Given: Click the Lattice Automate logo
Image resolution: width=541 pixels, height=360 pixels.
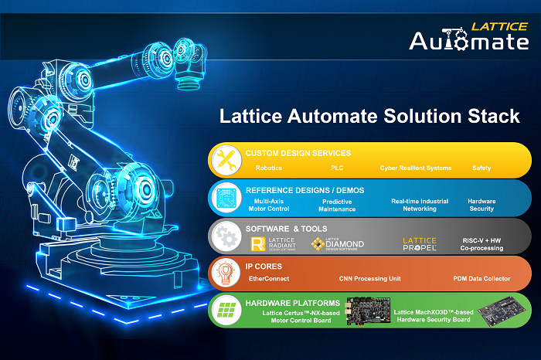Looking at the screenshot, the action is point(469,36).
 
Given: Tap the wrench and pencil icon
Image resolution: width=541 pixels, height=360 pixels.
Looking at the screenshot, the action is point(226,160).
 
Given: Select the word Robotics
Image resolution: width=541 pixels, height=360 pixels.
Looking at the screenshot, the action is point(269,168).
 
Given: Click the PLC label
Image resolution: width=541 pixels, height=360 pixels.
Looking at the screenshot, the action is point(337,168).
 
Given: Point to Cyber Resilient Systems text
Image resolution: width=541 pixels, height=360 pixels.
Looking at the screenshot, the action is point(416,168).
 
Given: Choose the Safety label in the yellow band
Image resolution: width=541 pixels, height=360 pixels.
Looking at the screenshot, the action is point(481,168).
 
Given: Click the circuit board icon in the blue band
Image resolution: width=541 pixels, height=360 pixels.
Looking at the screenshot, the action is point(226,198).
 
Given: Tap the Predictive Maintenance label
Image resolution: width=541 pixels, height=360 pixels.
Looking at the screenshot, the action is point(337,205).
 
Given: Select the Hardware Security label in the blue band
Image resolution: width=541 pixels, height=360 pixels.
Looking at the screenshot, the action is point(481,205).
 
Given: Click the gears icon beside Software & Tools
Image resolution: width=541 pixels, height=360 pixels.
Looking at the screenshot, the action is point(226,236).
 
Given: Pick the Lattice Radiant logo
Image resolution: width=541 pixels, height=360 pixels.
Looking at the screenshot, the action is point(274,244).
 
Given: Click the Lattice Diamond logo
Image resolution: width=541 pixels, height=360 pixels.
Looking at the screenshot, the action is point(338,244).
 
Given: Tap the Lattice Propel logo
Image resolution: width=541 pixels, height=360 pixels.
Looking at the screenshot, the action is point(420,244).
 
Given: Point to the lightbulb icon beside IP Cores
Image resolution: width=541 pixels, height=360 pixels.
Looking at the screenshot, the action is point(226,273).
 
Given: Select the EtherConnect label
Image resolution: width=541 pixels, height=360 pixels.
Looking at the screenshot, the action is point(269,279).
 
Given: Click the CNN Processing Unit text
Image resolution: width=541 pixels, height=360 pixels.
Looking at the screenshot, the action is point(370,279).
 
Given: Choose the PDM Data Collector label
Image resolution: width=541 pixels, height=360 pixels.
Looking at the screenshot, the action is point(481,279).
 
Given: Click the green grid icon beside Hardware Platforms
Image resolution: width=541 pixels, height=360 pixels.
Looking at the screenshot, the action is point(226,311).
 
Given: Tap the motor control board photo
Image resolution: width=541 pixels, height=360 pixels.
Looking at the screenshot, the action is point(368,311).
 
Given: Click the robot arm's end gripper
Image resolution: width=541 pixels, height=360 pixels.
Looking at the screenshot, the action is point(188,75).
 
